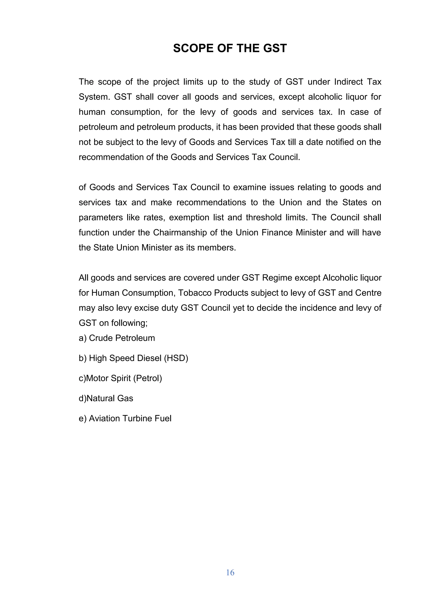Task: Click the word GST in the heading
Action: [x=275, y=48]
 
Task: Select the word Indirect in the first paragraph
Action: [x=348, y=82]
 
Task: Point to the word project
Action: [x=166, y=82]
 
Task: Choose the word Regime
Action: [x=277, y=278]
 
